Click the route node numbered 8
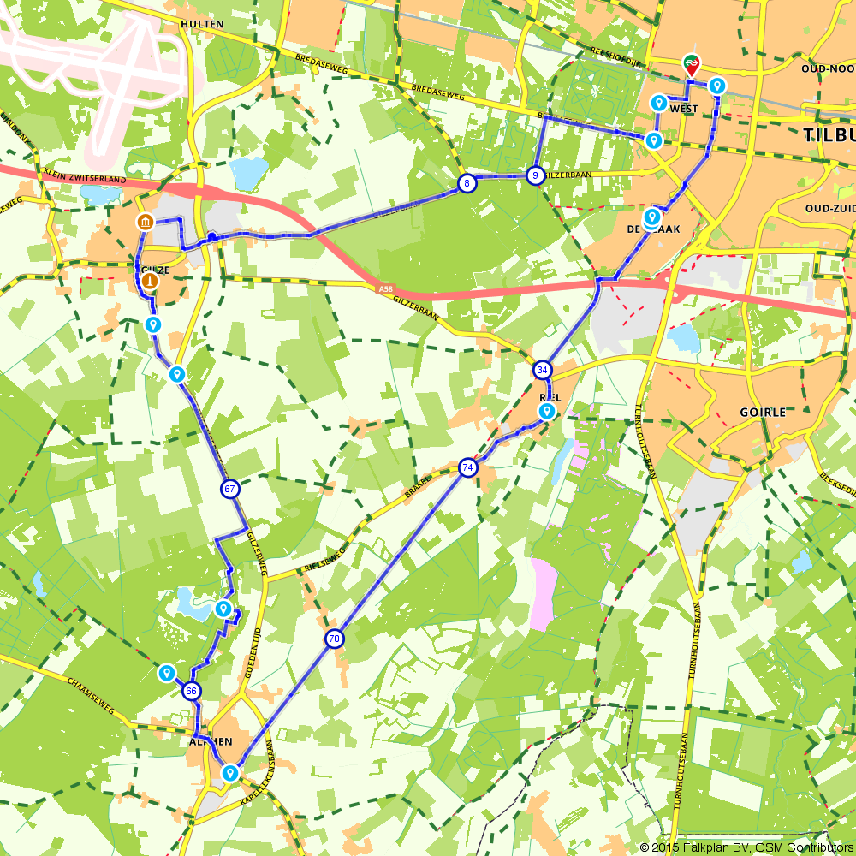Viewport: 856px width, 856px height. click(x=467, y=183)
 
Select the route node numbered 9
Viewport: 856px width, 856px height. click(x=535, y=175)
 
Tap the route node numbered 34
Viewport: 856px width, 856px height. click(x=542, y=370)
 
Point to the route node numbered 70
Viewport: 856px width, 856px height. click(x=334, y=639)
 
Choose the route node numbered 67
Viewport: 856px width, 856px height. click(x=229, y=490)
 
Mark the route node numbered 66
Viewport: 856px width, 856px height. click(x=192, y=691)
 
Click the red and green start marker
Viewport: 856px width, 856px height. click(x=690, y=63)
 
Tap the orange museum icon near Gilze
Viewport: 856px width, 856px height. click(x=145, y=223)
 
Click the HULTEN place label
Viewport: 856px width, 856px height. click(x=202, y=24)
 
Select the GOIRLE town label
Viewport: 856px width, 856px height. click(x=762, y=412)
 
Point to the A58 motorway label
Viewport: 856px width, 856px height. click(x=386, y=290)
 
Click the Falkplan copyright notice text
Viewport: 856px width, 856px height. click(x=745, y=847)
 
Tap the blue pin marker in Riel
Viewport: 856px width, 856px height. click(x=546, y=411)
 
